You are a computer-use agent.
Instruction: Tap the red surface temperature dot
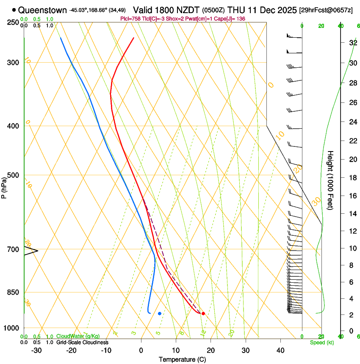click(203, 314)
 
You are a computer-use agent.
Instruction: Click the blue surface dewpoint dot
click(160, 314)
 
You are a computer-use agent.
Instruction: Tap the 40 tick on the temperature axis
click(280, 350)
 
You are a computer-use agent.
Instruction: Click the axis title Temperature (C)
click(182, 359)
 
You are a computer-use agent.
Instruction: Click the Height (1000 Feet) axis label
click(330, 180)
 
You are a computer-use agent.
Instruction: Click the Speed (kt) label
click(321, 342)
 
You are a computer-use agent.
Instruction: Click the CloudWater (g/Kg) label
click(78, 336)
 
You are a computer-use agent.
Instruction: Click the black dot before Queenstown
click(14, 9)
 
